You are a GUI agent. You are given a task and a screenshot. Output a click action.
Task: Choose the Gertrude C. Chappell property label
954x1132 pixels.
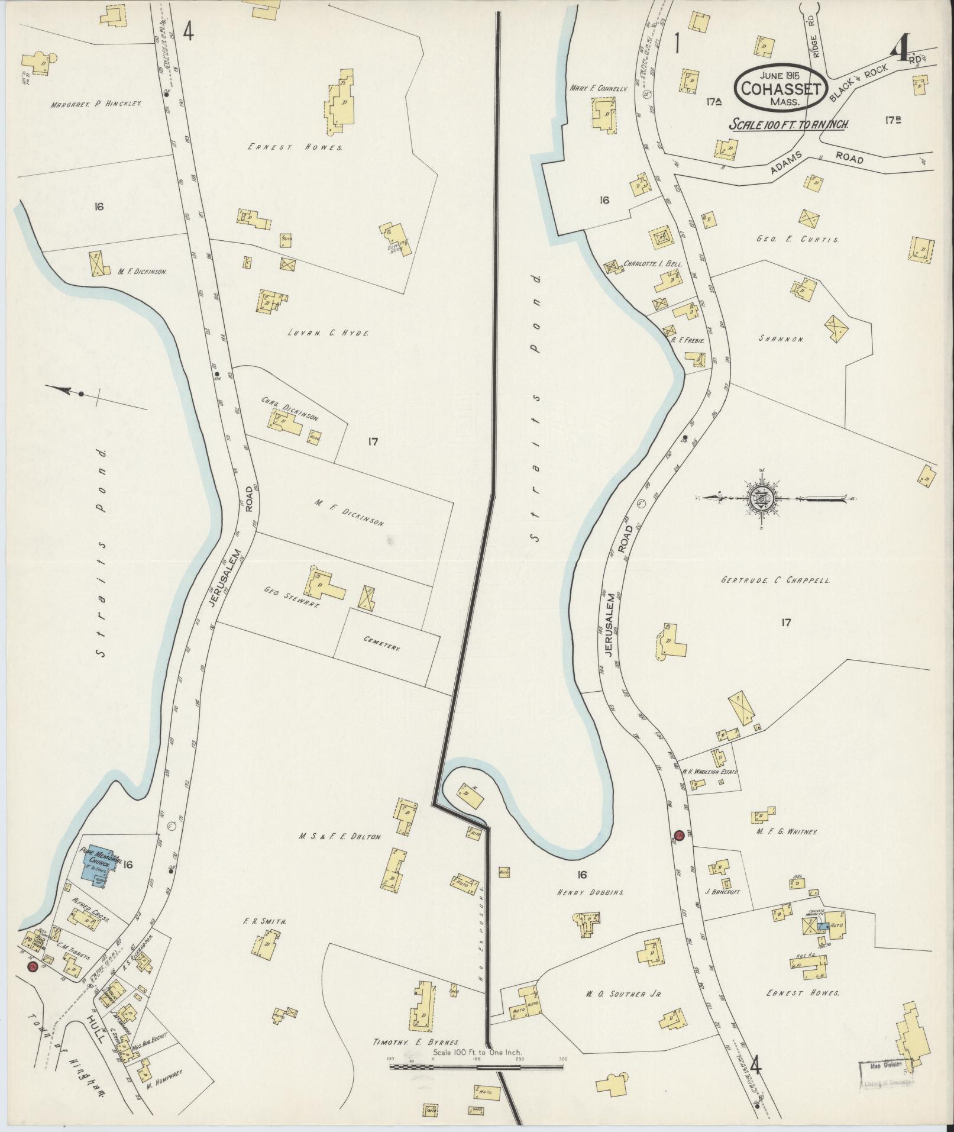click(x=775, y=580)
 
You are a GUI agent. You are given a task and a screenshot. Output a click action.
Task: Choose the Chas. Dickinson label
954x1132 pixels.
click(x=290, y=408)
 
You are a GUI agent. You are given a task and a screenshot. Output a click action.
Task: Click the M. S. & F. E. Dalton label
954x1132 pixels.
click(x=340, y=837)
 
